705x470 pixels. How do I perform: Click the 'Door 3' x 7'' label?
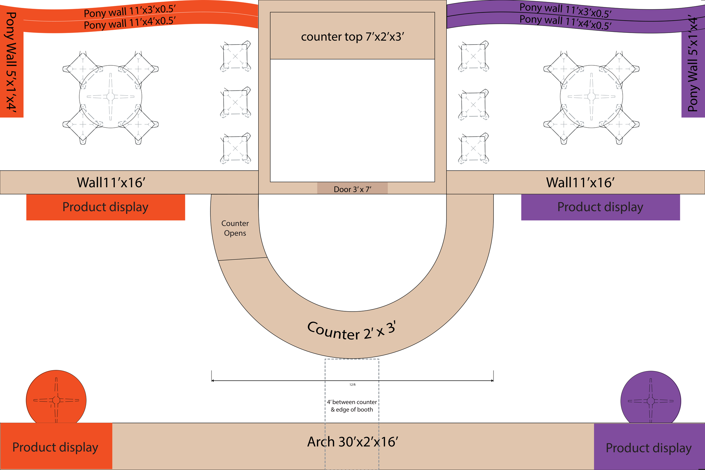352,189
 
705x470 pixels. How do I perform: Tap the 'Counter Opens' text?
235,228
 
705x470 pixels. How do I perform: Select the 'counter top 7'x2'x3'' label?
352,37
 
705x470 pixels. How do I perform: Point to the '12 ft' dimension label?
352,385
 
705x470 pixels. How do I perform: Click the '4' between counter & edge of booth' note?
352,405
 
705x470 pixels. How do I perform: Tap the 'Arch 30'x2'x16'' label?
352,442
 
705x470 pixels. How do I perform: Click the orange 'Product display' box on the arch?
56,447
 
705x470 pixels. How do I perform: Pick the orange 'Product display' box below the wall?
105,207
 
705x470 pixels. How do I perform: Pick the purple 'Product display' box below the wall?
600,207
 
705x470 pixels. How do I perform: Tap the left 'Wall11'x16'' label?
111,182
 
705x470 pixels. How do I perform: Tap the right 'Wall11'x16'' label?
580,182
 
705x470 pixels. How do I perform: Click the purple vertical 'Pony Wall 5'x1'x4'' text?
693,63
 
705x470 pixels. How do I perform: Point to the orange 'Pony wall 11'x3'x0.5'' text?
129,11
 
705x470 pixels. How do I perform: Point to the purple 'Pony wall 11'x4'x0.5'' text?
565,23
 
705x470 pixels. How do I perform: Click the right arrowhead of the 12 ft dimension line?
492,381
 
